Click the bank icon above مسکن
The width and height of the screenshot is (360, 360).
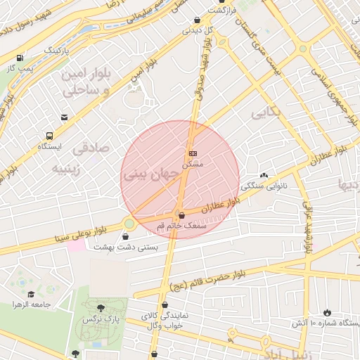(x=192, y=153)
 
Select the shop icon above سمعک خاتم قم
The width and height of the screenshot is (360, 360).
(x=182, y=214)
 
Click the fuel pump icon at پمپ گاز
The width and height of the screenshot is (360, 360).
(x=19, y=58)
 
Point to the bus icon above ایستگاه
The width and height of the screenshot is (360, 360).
(x=49, y=136)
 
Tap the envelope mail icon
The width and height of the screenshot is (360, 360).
(x=65, y=117)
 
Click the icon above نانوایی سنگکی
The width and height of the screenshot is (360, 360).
(x=264, y=176)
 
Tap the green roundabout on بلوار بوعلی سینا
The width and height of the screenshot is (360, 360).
(x=129, y=224)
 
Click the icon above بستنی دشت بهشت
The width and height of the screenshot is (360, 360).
(x=126, y=236)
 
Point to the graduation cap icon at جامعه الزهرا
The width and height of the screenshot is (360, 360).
(x=31, y=294)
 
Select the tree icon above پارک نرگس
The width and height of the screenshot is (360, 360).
(x=101, y=307)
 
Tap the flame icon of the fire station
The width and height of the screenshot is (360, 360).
(x=326, y=312)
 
